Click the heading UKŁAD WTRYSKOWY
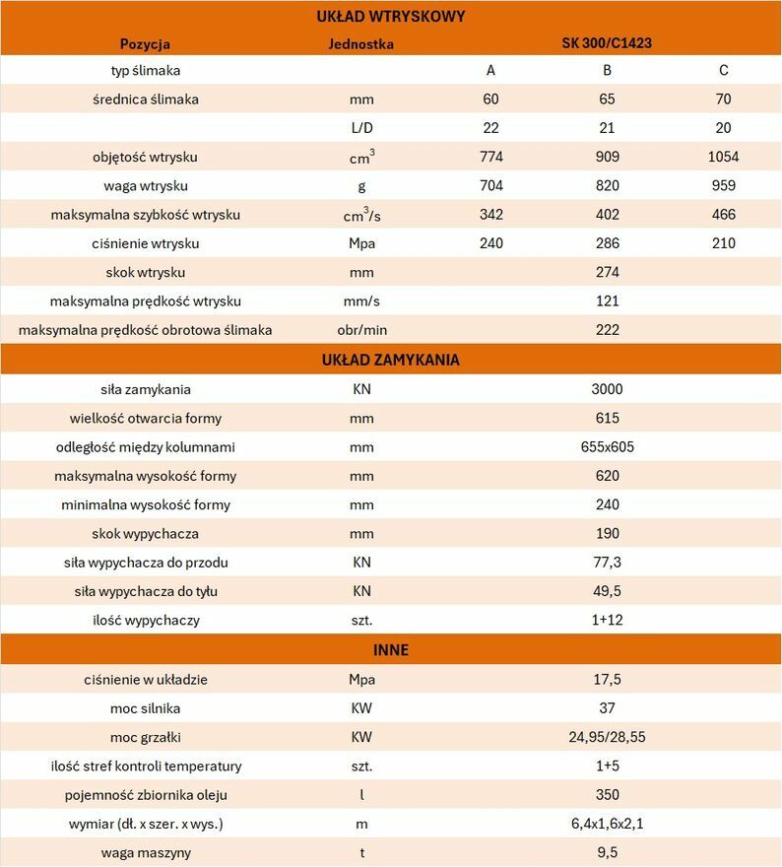point(391,16)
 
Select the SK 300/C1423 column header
point(607,43)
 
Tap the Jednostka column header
point(361,43)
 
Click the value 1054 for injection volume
point(723,157)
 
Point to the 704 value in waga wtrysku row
point(490,186)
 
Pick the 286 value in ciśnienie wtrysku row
point(607,243)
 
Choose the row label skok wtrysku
point(146,272)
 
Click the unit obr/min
point(361,329)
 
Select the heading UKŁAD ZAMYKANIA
point(391,360)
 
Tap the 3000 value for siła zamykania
point(607,389)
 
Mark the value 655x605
point(607,447)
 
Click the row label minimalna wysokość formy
point(146,504)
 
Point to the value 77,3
point(607,563)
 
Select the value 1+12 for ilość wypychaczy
point(607,621)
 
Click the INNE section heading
point(391,650)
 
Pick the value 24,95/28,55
point(607,737)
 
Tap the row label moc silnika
point(146,708)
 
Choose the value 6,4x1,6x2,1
point(607,824)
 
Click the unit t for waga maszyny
point(361,852)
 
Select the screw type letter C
point(723,71)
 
